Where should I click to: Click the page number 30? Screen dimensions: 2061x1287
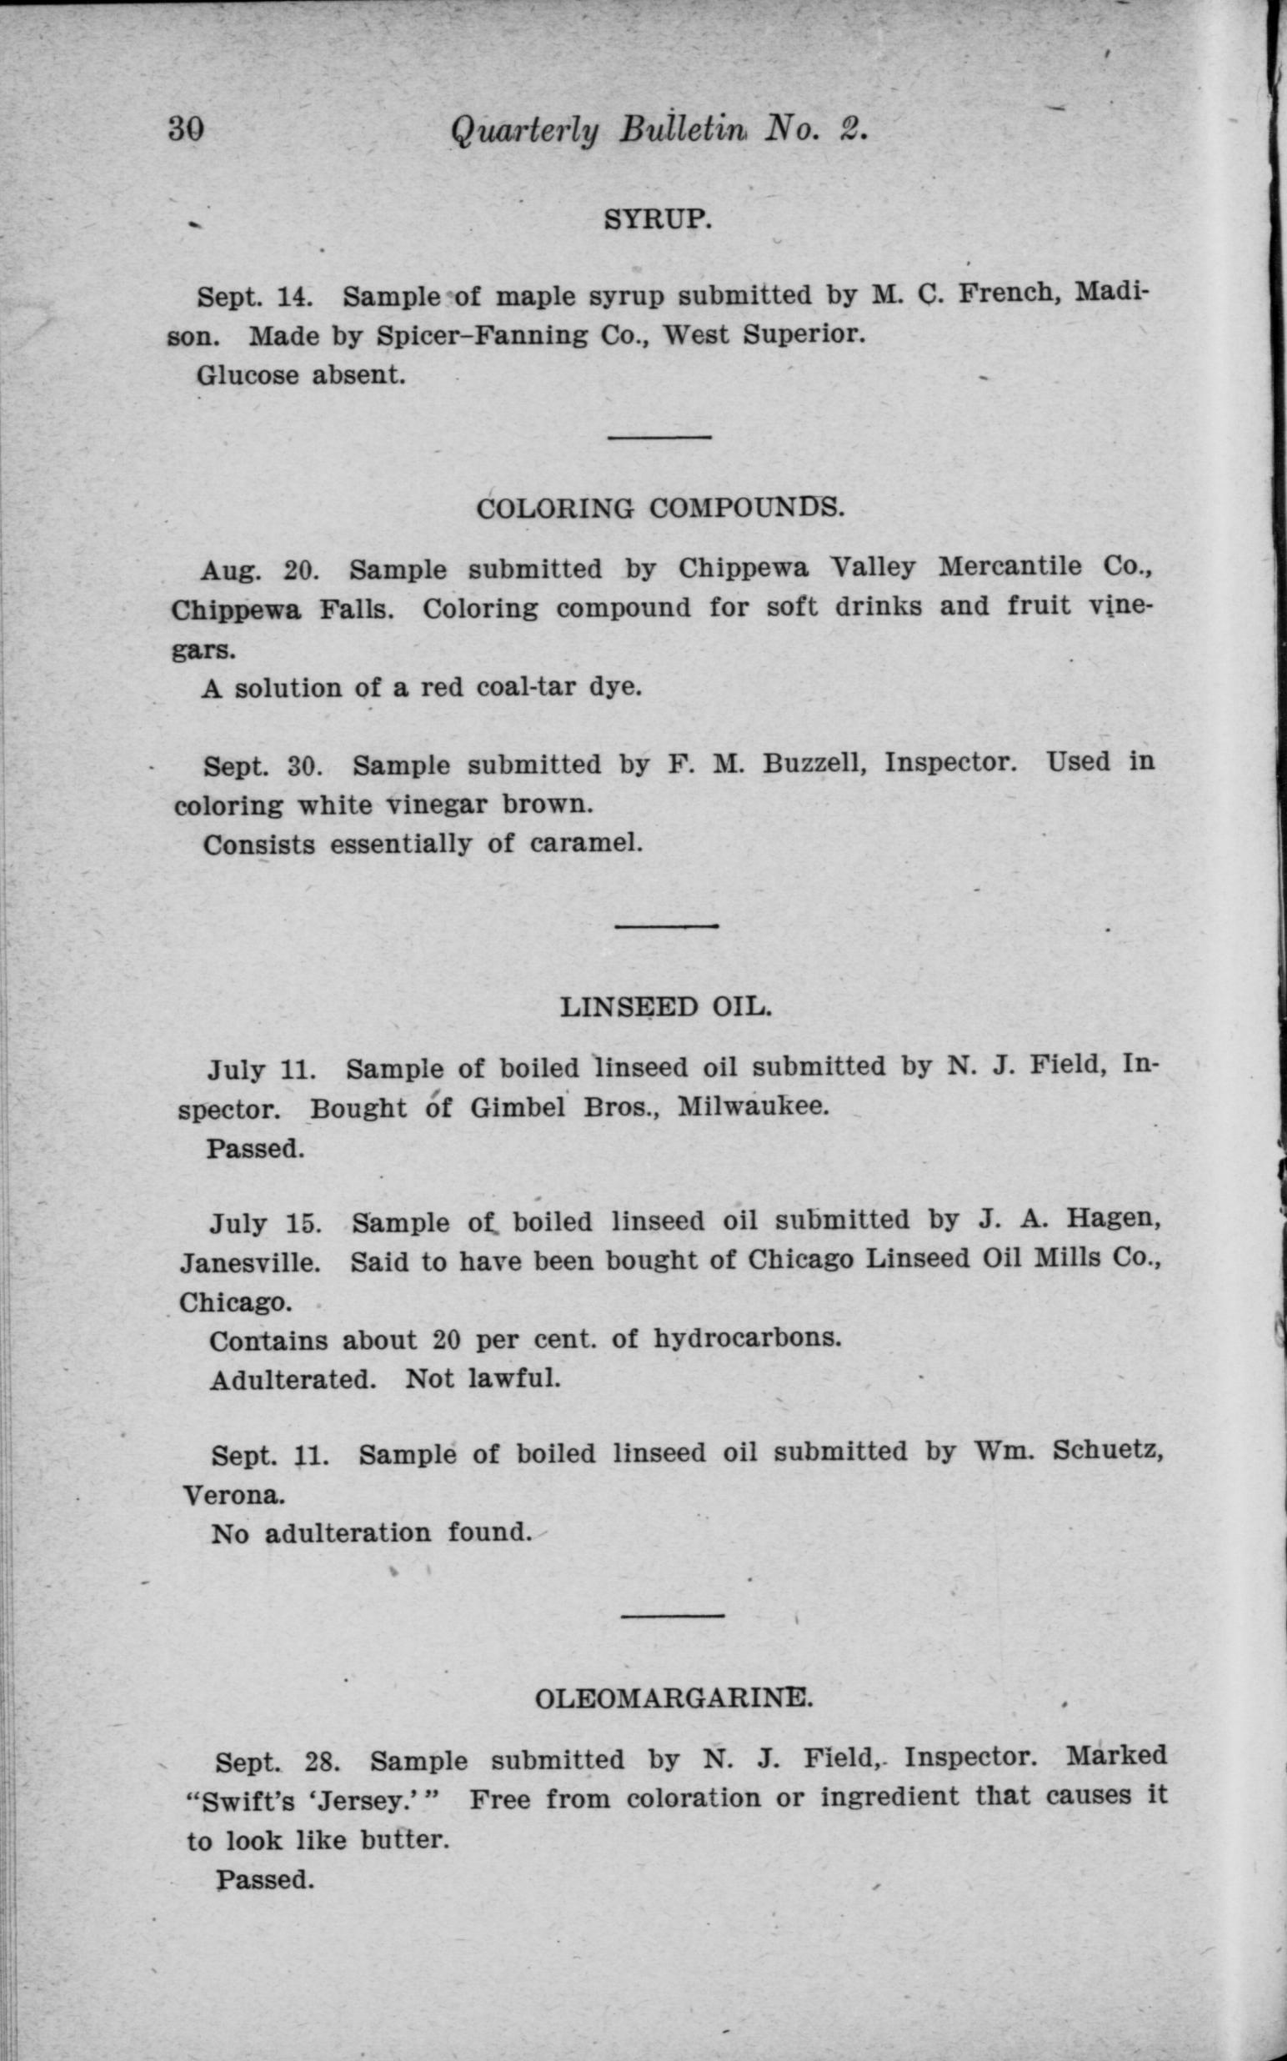tap(186, 130)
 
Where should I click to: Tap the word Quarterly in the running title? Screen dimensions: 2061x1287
tap(524, 131)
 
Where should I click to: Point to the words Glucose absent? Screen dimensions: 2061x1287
tap(300, 374)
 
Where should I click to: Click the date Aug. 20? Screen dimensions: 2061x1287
tap(258, 569)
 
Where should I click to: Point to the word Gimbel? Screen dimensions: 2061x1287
tap(519, 1107)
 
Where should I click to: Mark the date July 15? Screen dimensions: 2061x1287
tap(266, 1224)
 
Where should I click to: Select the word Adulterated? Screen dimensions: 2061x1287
tap(293, 1378)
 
